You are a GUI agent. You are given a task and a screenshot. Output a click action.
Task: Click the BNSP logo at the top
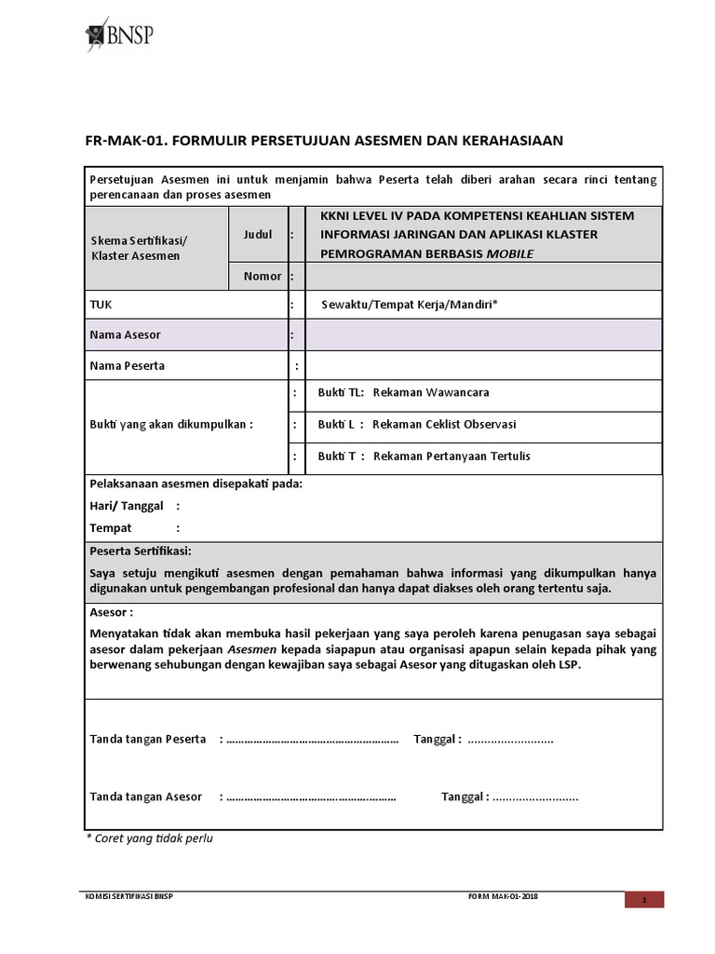click(118, 35)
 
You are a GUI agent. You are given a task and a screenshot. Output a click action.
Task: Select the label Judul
click(258, 235)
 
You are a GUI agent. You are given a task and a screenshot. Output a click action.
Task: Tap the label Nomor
click(262, 277)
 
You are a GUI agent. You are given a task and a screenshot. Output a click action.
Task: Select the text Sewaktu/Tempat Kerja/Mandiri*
click(410, 305)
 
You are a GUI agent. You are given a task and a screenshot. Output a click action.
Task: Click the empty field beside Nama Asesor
click(483, 334)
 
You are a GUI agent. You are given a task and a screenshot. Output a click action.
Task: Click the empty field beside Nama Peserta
click(483, 366)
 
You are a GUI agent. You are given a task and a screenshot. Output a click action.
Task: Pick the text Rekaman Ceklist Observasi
click(444, 425)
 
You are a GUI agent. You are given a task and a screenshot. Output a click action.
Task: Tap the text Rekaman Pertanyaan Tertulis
click(451, 457)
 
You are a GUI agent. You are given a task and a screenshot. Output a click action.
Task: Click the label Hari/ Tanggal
click(127, 506)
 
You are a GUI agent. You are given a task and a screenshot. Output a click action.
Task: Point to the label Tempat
click(111, 528)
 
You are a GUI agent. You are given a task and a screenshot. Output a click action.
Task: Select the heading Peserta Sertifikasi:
click(141, 552)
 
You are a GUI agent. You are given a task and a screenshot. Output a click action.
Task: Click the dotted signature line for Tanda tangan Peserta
click(312, 740)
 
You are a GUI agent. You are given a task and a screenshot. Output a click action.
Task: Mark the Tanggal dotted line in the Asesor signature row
click(535, 797)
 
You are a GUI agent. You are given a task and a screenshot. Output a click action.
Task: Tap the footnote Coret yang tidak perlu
click(153, 838)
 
